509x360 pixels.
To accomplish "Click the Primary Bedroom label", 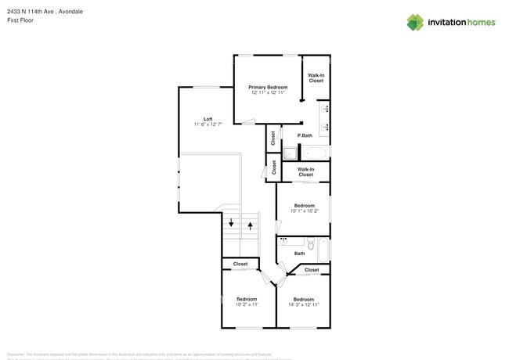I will click(x=268, y=87).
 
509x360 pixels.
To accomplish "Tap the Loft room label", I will click(x=208, y=119).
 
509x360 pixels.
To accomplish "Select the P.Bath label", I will click(x=305, y=135).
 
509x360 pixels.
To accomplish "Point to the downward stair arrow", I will click(x=231, y=223).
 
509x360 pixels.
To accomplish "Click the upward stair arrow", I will click(x=251, y=226).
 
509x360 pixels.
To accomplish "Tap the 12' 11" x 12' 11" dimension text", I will click(x=268, y=93).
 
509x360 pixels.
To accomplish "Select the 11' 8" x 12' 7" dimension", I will click(x=208, y=124).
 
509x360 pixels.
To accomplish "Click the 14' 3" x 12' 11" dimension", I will click(x=303, y=304).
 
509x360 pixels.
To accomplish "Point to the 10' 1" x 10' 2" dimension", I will click(x=303, y=211).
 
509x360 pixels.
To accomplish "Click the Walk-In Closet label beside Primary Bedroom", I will click(x=316, y=77).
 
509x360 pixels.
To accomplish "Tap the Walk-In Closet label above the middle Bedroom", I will click(x=305, y=171).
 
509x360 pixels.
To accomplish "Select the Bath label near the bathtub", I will click(x=299, y=254).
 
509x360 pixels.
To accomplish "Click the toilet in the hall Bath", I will click(x=311, y=246).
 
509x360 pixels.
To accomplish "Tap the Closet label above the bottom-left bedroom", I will click(x=240, y=264).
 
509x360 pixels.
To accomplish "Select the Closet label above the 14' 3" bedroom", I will click(x=312, y=270).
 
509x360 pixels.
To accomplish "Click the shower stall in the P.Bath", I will click(x=291, y=153).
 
